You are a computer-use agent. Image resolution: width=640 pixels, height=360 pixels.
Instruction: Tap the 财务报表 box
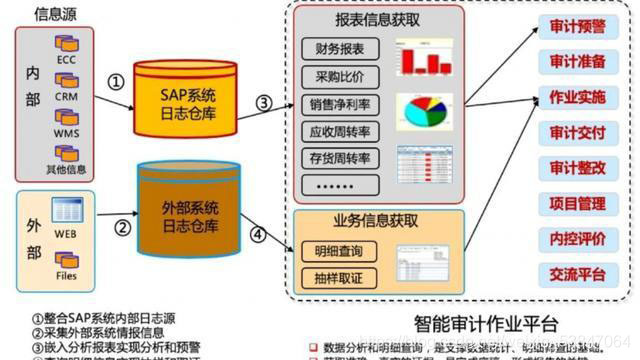coord(340,49)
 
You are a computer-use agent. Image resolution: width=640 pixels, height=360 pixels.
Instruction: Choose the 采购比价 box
coord(340,77)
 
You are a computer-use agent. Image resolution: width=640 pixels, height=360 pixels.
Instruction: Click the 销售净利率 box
coord(340,105)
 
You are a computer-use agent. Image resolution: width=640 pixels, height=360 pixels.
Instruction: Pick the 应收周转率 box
coord(340,132)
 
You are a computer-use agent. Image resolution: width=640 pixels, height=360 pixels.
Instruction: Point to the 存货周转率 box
coord(340,159)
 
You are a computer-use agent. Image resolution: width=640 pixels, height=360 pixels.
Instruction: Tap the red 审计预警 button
coord(578,26)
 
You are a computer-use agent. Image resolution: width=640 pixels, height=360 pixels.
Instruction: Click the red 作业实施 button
coord(578,97)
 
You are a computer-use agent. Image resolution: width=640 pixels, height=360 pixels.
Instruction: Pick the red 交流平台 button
coord(578,273)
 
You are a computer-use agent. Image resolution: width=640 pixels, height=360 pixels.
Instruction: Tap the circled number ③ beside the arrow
coord(264,101)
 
